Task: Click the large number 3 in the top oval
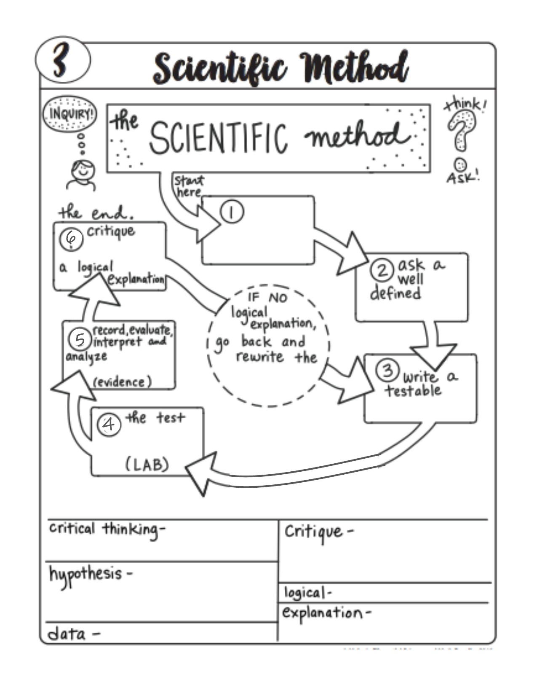click(x=61, y=61)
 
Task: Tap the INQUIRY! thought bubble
click(x=70, y=114)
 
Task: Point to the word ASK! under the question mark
click(x=463, y=177)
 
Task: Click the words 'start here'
click(x=189, y=186)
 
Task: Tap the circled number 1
click(x=231, y=211)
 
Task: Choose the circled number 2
click(x=382, y=270)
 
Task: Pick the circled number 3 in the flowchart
click(x=387, y=370)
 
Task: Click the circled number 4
click(x=109, y=425)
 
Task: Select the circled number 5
click(x=80, y=339)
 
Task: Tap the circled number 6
click(x=71, y=239)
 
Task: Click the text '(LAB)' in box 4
click(x=147, y=465)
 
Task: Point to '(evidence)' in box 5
click(x=122, y=382)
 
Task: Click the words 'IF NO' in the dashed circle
click(x=267, y=298)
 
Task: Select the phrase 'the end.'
click(x=96, y=212)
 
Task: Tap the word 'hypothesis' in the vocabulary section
click(x=85, y=574)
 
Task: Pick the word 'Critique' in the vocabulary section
click(x=314, y=532)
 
